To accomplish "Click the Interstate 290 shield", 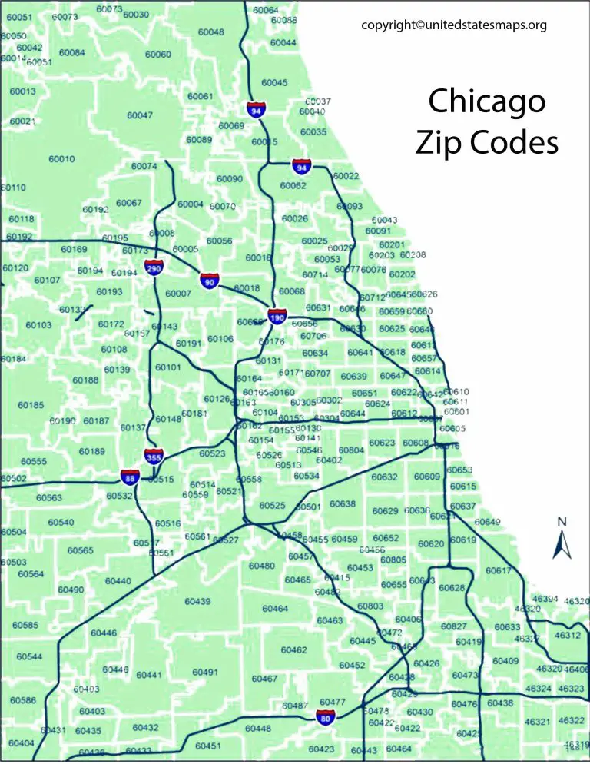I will pyautogui.click(x=154, y=268).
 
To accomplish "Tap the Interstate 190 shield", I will pyautogui.click(x=277, y=316).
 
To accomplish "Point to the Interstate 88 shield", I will pyautogui.click(x=129, y=477).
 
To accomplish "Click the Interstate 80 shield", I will pyautogui.click(x=326, y=719).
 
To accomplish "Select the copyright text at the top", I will pyautogui.click(x=454, y=25).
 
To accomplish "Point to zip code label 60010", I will pyautogui.click(x=61, y=159).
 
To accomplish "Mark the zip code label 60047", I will pyautogui.click(x=140, y=115).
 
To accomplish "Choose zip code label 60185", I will pyautogui.click(x=31, y=405).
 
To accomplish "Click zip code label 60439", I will pyautogui.click(x=197, y=601).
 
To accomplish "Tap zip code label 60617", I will pyautogui.click(x=498, y=570).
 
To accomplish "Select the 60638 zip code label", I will pyautogui.click(x=343, y=504).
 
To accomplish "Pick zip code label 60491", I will pyautogui.click(x=205, y=673).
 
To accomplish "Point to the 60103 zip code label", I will pyautogui.click(x=38, y=325).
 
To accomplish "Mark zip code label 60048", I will pyautogui.click(x=210, y=32).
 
